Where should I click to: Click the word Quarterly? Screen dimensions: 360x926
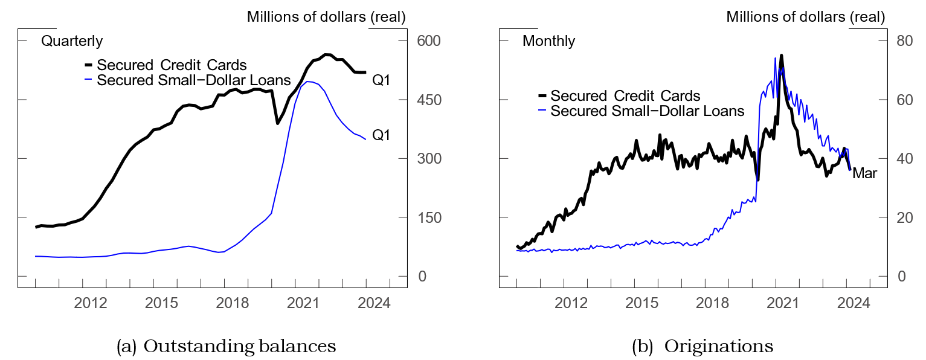point(71,42)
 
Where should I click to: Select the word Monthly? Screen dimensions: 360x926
point(548,42)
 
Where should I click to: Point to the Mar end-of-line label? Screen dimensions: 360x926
point(864,174)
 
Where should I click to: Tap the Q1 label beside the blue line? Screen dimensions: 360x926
point(381,135)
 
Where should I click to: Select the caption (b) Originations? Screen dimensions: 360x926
point(702,346)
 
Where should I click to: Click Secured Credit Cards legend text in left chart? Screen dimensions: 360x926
point(172,65)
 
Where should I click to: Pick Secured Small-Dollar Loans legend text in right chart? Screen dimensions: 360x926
point(648,111)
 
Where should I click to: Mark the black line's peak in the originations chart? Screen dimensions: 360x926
point(782,56)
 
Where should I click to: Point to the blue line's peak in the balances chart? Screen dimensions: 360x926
point(309,82)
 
